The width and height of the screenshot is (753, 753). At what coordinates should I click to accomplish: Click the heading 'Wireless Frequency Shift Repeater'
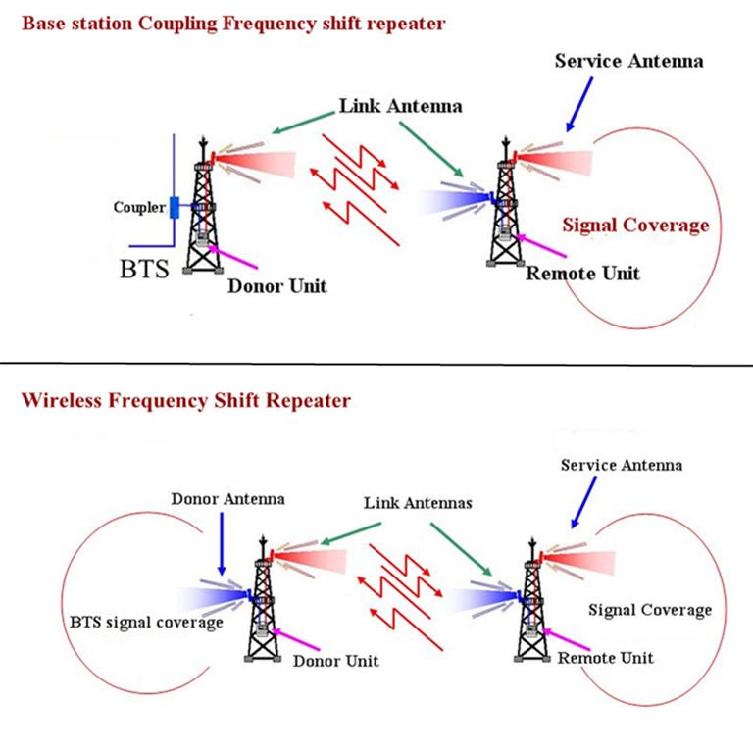[185, 400]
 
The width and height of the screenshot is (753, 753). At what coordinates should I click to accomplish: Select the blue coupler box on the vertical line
[174, 208]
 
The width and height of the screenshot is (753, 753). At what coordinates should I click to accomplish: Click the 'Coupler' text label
[139, 207]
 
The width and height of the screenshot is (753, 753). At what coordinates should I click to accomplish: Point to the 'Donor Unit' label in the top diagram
[276, 286]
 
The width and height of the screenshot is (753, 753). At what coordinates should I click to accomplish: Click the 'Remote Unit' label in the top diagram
[582, 273]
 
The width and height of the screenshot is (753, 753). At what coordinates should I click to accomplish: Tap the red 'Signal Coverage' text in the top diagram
[635, 226]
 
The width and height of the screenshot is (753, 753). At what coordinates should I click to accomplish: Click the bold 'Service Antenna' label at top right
[628, 61]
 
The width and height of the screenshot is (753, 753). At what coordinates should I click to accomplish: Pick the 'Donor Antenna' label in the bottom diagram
[227, 498]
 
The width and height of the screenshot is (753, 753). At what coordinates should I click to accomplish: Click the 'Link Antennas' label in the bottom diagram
[418, 502]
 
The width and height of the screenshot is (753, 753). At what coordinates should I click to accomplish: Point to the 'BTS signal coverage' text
[146, 622]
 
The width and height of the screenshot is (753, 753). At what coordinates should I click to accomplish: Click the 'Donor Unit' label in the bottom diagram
[335, 661]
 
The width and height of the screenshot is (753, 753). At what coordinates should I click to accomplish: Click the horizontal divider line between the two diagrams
[376, 365]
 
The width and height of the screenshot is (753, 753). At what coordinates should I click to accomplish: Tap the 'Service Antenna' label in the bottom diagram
[621, 464]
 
